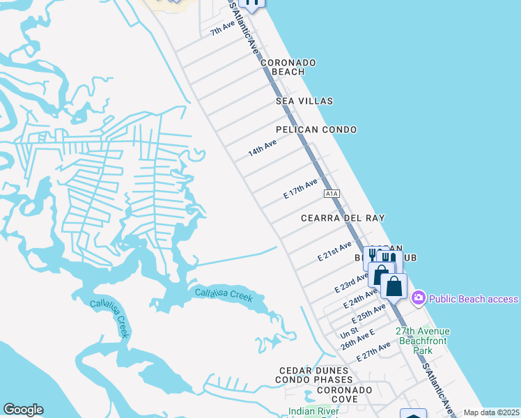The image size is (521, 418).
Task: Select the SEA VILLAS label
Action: tap(304, 101)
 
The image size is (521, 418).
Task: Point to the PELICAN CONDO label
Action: tap(316, 130)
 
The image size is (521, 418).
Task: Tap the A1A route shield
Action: tap(331, 194)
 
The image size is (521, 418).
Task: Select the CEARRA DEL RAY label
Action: tap(343, 218)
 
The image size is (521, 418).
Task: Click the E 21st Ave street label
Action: tap(335, 251)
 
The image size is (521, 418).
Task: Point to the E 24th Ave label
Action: tap(361, 300)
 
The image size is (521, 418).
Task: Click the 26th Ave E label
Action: tap(357, 340)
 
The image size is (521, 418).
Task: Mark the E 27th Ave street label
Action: tap(373, 351)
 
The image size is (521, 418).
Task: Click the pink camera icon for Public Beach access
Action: tap(418, 298)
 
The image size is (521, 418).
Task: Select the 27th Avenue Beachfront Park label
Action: tap(423, 340)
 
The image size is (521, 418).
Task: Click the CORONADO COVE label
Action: tap(327, 394)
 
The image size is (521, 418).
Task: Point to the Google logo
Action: tap(23, 410)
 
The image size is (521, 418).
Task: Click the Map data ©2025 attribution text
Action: tap(491, 412)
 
